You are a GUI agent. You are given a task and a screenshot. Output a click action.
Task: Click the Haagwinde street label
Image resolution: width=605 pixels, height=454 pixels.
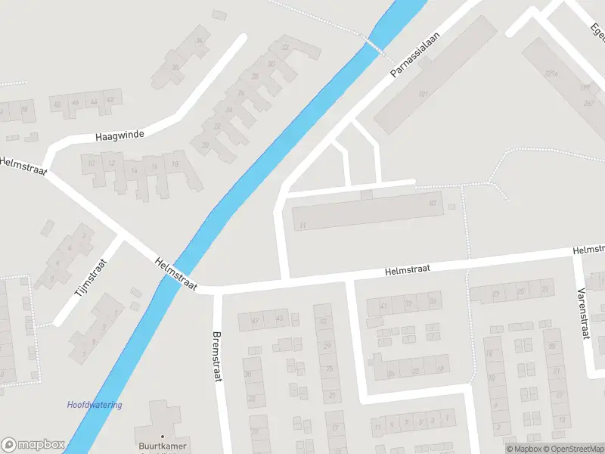pyautogui.click(x=119, y=136)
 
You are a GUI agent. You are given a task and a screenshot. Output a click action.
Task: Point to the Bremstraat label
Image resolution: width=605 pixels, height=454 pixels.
pyautogui.click(x=217, y=356)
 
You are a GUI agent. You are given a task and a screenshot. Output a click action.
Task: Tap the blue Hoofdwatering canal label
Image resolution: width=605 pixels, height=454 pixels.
pyautogui.click(x=95, y=405)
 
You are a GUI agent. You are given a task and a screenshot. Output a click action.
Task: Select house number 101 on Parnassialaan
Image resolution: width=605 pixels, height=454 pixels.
pyautogui.click(x=423, y=94)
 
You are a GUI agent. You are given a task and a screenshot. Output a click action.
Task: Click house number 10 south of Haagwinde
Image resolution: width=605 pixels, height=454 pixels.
pyautogui.click(x=91, y=163)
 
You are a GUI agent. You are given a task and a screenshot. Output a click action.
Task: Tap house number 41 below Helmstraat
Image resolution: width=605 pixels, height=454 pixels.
pyautogui.click(x=384, y=305)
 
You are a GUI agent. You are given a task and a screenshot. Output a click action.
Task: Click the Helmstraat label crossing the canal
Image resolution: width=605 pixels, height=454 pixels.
pyautogui.click(x=175, y=274)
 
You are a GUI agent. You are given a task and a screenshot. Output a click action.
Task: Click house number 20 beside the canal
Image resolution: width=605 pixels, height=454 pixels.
pyautogui.click(x=205, y=145)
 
